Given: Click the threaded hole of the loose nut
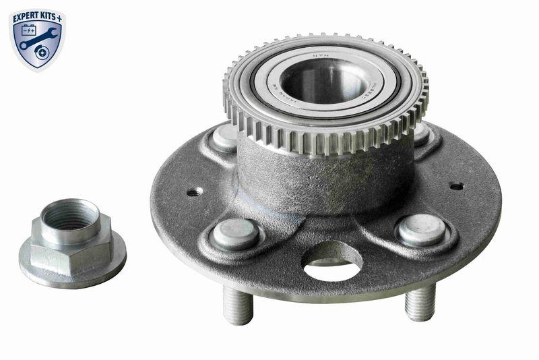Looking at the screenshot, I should pos(70,215).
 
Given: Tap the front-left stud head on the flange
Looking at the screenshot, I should pos(236,234).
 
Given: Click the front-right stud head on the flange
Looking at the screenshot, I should pos(420,230).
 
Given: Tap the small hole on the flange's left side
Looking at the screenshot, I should pos(193,192).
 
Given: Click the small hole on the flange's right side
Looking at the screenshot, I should pos(456,186).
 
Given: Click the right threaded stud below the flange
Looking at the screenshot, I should pos(420,303).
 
